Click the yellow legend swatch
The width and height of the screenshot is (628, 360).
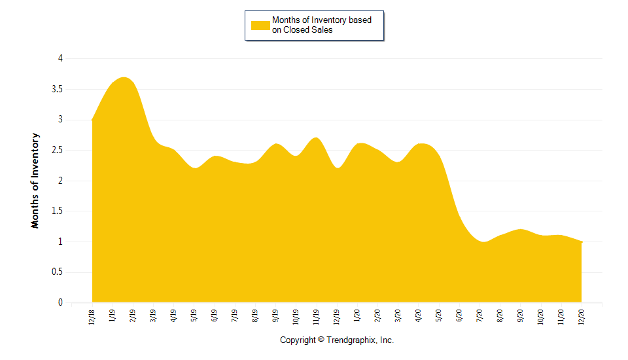pyautogui.click(x=260, y=25)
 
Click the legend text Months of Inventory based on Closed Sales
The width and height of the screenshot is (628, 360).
pyautogui.click(x=321, y=25)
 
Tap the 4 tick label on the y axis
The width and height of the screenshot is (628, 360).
pyautogui.click(x=60, y=58)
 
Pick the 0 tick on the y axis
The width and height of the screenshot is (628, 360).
pyautogui.click(x=60, y=303)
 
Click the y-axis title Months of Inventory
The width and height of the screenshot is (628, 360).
pyautogui.click(x=35, y=181)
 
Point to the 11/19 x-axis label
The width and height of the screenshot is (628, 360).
pyautogui.click(x=316, y=317)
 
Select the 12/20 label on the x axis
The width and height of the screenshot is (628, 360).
pyautogui.click(x=582, y=317)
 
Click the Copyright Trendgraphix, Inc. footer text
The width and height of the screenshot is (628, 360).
pyautogui.click(x=337, y=340)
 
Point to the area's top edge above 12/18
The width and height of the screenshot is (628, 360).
pyautogui.click(x=92, y=120)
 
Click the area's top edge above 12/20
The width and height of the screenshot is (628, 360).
pyautogui.click(x=582, y=242)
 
